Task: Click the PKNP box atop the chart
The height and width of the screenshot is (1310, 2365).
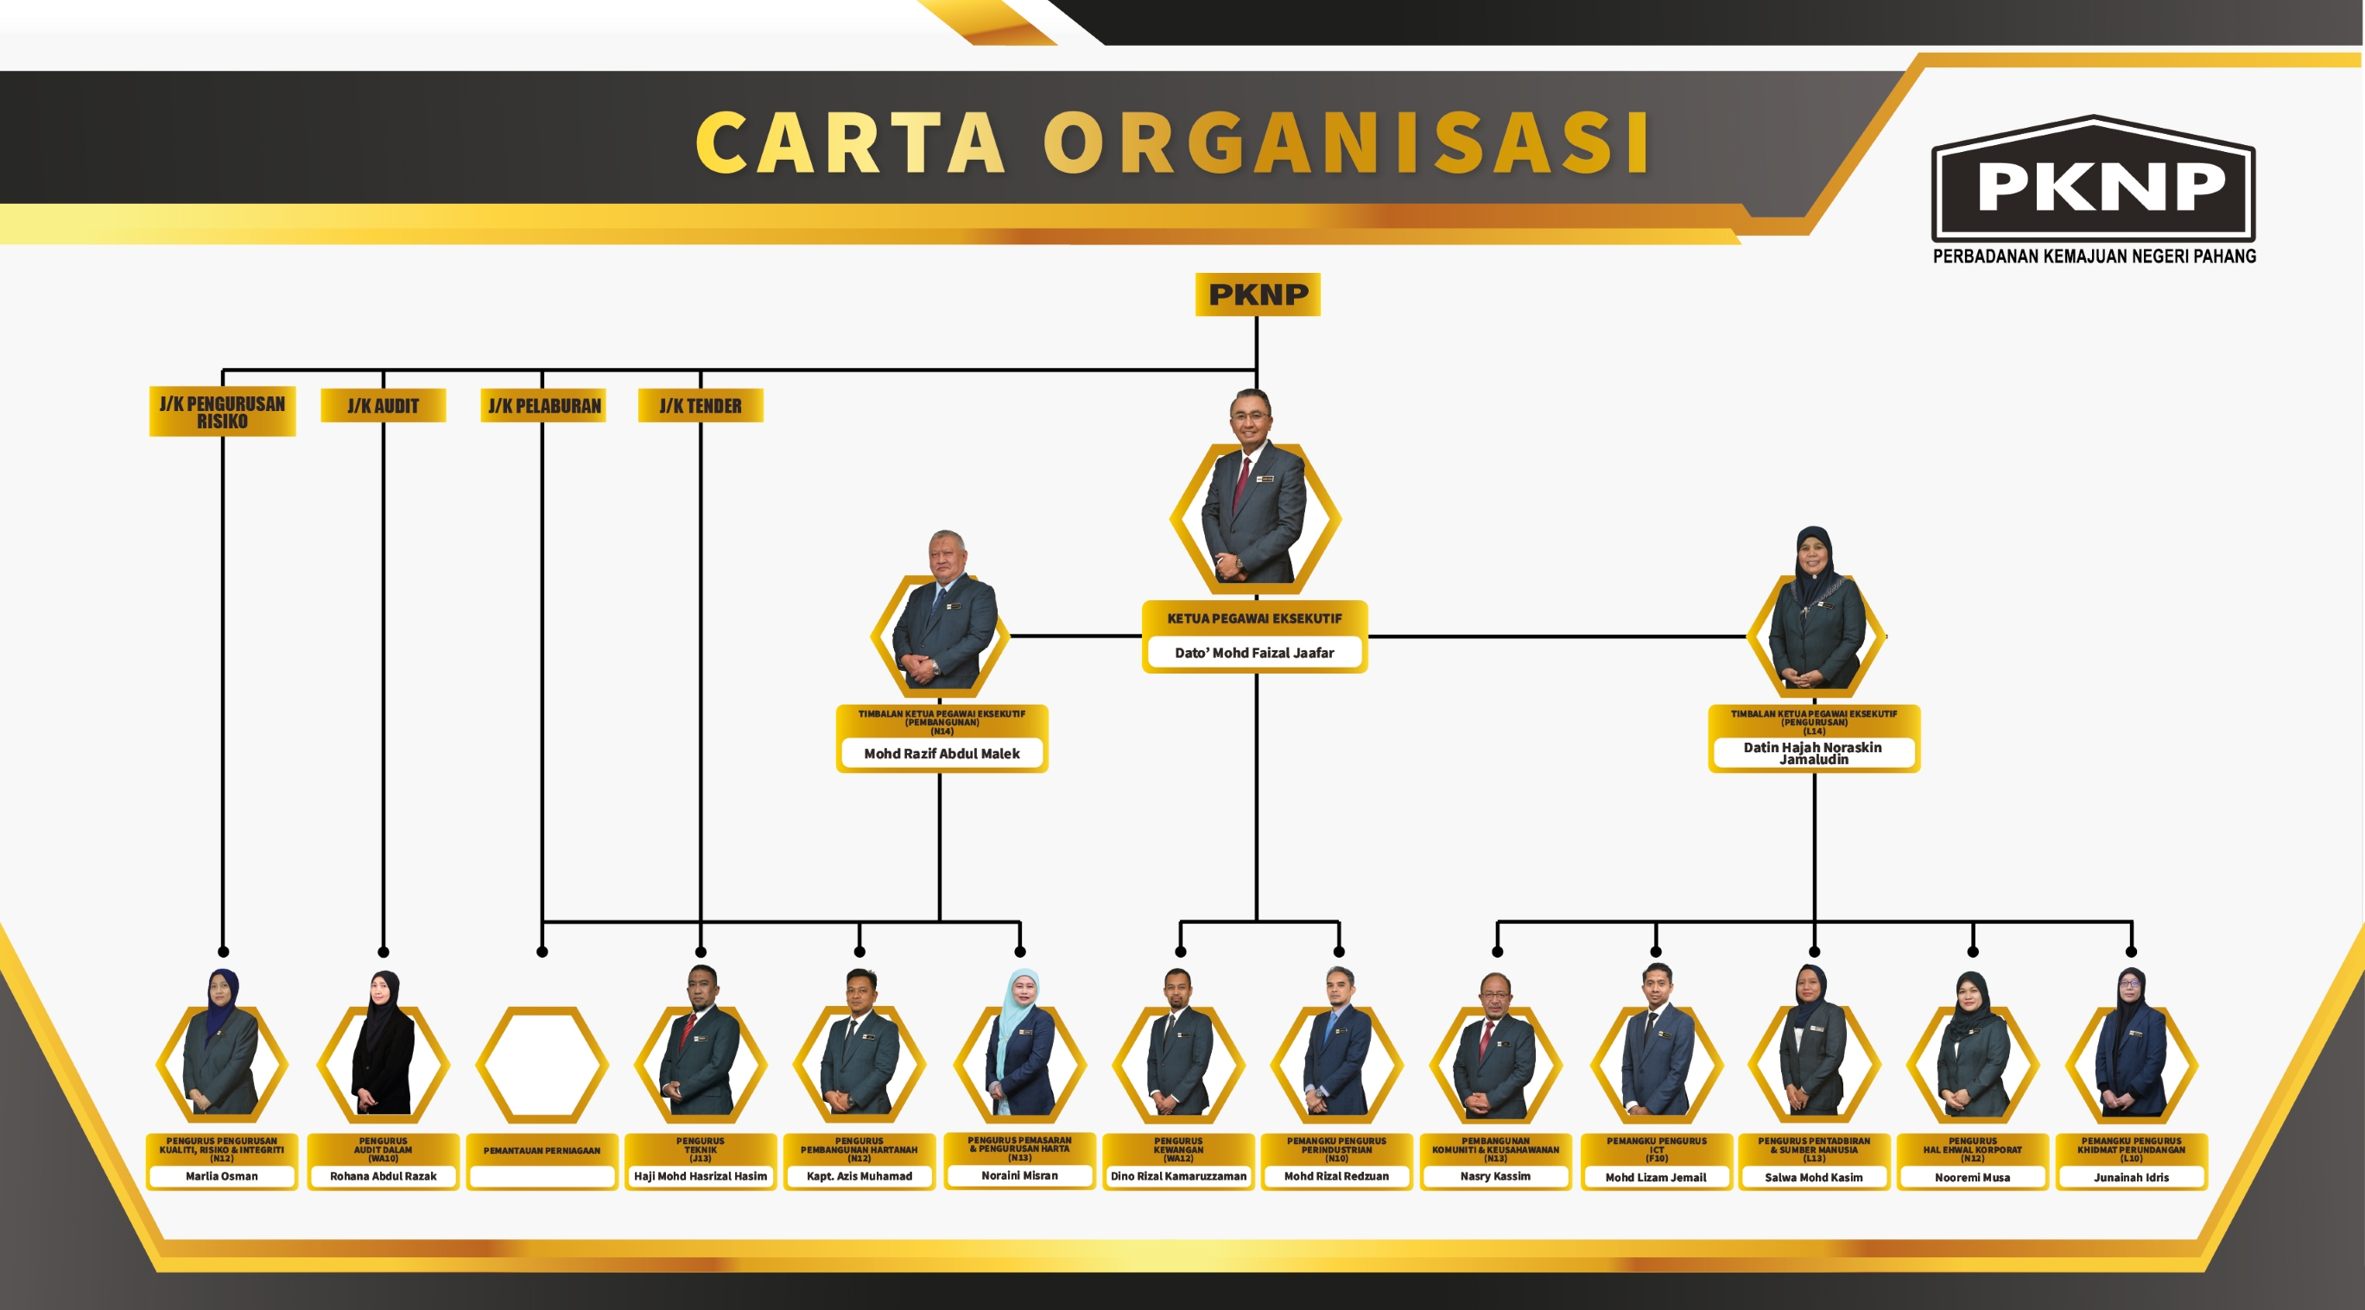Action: [1257, 294]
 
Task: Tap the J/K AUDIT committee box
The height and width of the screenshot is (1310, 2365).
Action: [383, 406]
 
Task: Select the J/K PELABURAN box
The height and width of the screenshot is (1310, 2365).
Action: [543, 406]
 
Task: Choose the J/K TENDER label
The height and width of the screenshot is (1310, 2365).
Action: [701, 406]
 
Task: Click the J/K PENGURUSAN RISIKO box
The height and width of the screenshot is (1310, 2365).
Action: [222, 412]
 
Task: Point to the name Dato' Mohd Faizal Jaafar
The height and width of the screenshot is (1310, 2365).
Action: [1254, 653]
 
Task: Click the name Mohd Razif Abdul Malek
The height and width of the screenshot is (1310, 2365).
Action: [941, 754]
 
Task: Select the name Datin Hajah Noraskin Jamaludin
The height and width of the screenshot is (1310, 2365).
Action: [1813, 753]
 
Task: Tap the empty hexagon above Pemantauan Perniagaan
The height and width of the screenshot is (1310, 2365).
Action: [542, 1065]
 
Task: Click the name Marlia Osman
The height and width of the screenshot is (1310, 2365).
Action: [221, 1176]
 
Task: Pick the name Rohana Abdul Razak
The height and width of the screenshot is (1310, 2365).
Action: [383, 1176]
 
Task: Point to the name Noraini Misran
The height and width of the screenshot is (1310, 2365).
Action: [1019, 1175]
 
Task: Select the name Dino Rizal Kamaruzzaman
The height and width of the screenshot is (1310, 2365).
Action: [1178, 1176]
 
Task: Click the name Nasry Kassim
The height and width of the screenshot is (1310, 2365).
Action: [1494, 1176]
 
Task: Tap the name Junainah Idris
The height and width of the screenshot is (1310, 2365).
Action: [2131, 1177]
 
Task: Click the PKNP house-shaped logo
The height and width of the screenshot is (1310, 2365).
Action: [2093, 184]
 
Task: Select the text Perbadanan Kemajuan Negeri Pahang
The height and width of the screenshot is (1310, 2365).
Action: [2094, 256]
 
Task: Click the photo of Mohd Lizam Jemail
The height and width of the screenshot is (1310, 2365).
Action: [1656, 1047]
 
